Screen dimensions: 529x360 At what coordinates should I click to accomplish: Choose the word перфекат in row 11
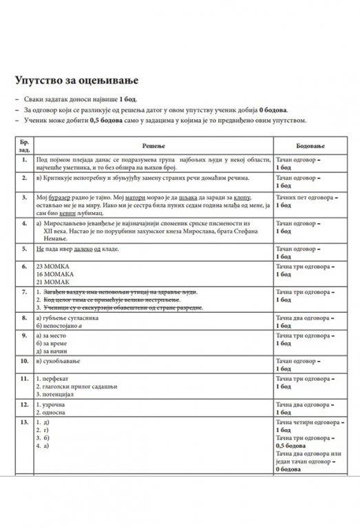[61, 378]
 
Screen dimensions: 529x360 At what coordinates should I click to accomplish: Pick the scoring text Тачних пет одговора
[306, 197]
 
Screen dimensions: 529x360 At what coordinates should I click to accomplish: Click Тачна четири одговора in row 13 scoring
[308, 422]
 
